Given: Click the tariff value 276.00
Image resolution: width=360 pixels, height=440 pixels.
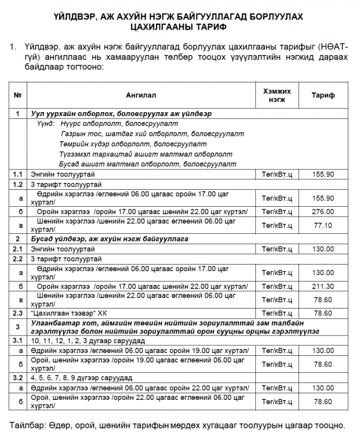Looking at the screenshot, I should click(323, 212).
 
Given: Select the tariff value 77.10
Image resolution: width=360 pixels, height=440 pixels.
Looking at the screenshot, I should click(323, 225).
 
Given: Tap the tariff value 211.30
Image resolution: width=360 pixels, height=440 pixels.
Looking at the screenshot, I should click(323, 286).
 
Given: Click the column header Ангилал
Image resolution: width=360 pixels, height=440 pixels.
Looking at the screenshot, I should click(141, 95).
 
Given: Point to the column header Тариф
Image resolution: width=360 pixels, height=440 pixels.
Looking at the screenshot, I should click(323, 95).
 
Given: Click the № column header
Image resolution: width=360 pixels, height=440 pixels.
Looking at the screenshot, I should click(18, 95).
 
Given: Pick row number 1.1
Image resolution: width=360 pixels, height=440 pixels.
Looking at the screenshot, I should click(18, 174).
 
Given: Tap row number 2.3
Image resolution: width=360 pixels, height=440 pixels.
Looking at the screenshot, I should click(18, 313).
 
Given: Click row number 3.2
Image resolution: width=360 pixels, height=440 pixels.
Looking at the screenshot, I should click(18, 378).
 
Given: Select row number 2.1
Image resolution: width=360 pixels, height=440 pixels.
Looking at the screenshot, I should click(18, 249).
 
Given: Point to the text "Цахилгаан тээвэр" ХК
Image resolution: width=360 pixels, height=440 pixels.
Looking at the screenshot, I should click(68, 313).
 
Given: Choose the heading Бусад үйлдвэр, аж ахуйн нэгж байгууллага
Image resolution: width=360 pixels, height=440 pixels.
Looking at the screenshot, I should click(110, 239).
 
